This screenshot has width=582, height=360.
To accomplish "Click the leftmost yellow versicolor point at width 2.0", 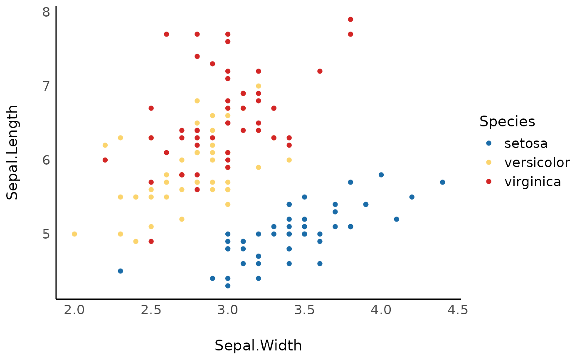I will (x=74, y=234).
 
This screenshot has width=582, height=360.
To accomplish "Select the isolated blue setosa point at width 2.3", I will (x=121, y=271).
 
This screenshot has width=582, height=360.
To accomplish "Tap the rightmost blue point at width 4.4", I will (x=442, y=182).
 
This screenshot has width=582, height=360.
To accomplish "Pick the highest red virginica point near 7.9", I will (x=350, y=20).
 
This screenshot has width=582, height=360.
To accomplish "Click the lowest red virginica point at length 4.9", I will (x=151, y=242).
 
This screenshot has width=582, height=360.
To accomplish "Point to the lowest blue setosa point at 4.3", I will (x=228, y=286).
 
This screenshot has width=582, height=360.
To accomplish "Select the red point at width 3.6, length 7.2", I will (x=320, y=71).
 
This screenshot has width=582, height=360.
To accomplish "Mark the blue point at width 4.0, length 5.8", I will (x=381, y=175).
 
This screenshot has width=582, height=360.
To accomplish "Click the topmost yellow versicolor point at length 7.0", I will (x=258, y=86).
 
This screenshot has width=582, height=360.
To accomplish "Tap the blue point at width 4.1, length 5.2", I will (x=396, y=219).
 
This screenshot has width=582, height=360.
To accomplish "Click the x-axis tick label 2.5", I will (x=151, y=310).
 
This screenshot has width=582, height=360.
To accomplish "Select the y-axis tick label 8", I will (x=46, y=12).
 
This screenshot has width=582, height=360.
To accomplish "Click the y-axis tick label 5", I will (x=46, y=234).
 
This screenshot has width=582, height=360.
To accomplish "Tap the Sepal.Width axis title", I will (x=258, y=346).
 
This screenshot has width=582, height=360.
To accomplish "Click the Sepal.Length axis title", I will (x=13, y=152).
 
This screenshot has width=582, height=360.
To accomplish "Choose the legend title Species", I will (x=507, y=121).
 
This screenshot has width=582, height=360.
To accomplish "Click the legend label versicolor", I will (x=537, y=163).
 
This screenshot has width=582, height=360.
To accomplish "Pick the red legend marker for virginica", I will (x=489, y=182).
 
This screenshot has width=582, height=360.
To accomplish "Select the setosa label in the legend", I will (x=526, y=143).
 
